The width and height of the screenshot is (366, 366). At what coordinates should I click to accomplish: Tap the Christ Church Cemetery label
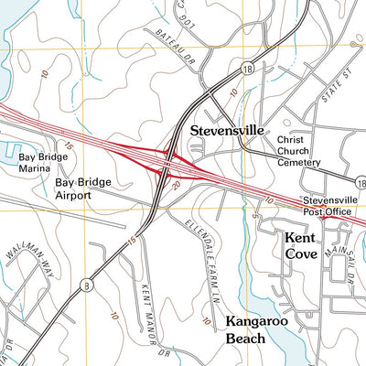pyautogui.click(x=299, y=151)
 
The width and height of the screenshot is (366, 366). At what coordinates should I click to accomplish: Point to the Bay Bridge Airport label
pyautogui.click(x=82, y=188)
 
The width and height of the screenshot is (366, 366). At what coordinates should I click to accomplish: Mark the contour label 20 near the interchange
pyautogui.click(x=175, y=184)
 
